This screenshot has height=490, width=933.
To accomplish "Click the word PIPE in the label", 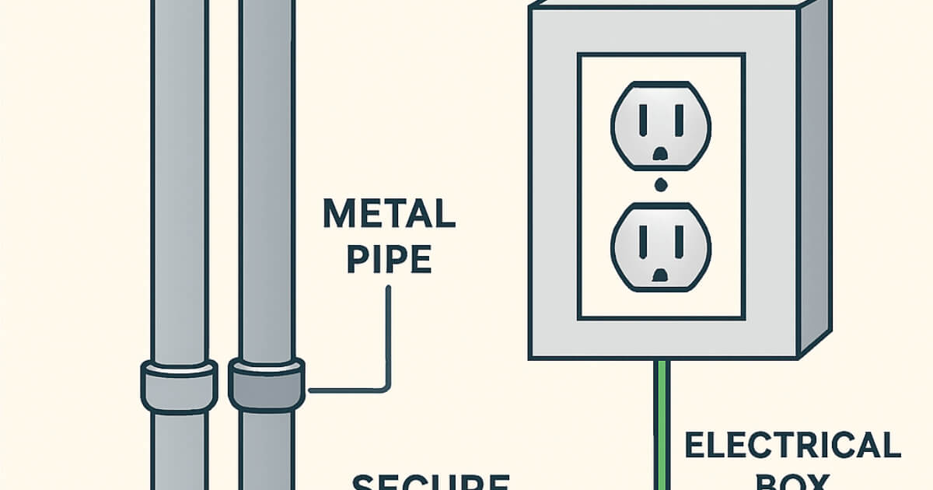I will pos(389,259).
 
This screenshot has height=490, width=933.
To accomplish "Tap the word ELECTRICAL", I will pos(791,446).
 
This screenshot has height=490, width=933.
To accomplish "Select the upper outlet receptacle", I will pos(661,124).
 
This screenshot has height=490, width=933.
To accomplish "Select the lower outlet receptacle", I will pos(661,245).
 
